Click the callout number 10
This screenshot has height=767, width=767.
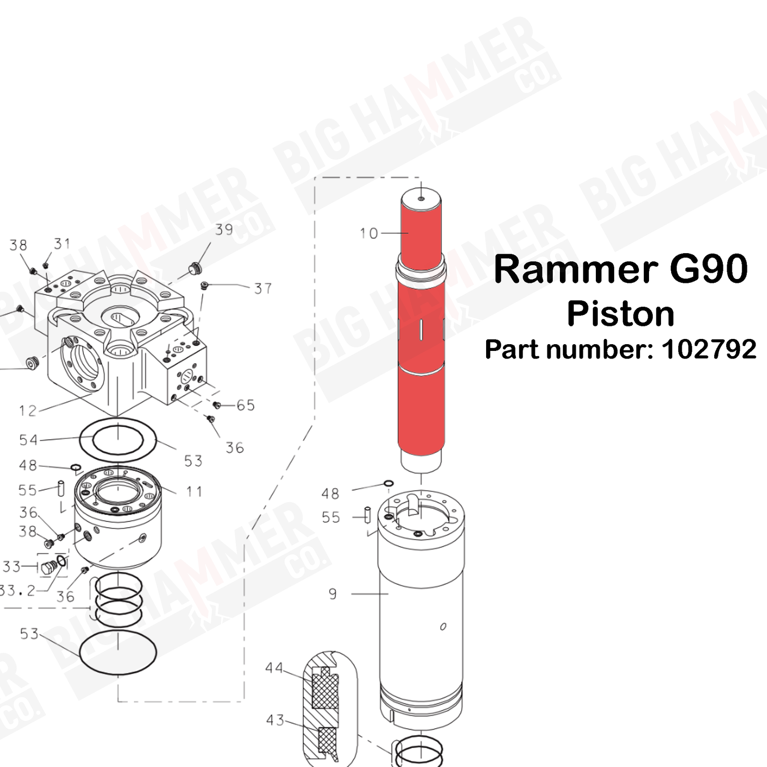[369, 233]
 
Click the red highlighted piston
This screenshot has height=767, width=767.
[421, 336]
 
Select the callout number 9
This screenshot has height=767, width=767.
[333, 594]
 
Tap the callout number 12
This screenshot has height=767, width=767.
[28, 411]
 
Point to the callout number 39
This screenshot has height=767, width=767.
[224, 230]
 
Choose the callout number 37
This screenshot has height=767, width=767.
[263, 289]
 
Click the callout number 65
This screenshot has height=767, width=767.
[245, 406]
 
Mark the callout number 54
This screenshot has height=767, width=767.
[28, 440]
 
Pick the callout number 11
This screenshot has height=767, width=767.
[194, 491]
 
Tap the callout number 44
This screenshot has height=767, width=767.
[274, 668]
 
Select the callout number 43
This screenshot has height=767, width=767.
[275, 720]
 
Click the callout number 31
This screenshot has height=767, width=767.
[62, 244]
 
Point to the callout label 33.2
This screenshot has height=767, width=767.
[17, 591]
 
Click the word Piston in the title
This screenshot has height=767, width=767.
[620, 314]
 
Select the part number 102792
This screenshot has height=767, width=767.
[709, 349]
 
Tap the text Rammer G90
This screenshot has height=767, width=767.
[620, 269]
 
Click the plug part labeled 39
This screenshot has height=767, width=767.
[195, 268]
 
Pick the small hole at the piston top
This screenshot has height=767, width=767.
[421, 198]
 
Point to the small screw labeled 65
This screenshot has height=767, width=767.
[217, 406]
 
